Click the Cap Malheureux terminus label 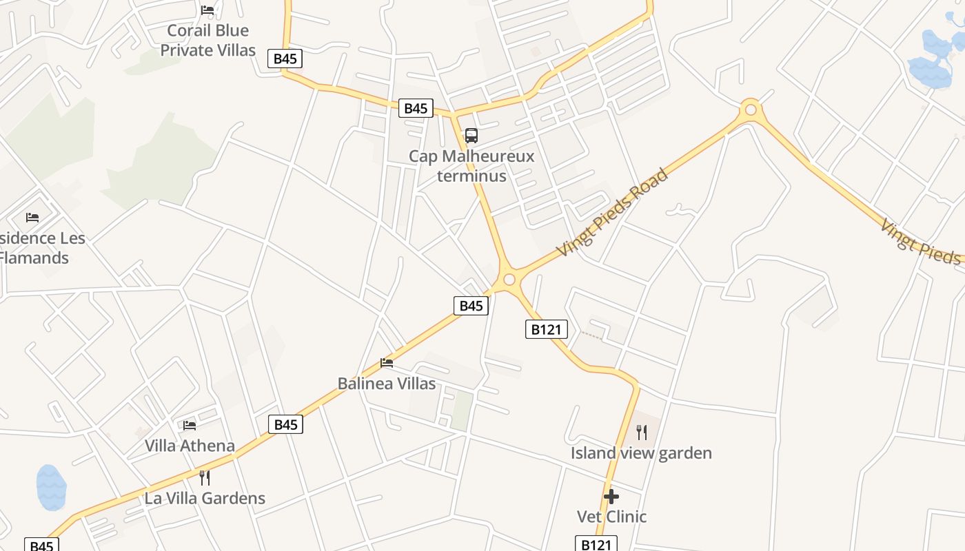pyautogui.click(x=471, y=166)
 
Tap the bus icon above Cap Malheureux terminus pyautogui.click(x=471, y=136)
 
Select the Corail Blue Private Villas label pyautogui.click(x=207, y=41)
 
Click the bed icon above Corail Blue pyautogui.click(x=207, y=10)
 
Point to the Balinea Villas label pyautogui.click(x=387, y=384)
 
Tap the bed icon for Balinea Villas pyautogui.click(x=387, y=363)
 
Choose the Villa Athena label pyautogui.click(x=190, y=446)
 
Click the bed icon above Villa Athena pyautogui.click(x=190, y=426)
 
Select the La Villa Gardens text pyautogui.click(x=205, y=499)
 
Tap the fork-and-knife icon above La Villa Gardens pyautogui.click(x=205, y=477)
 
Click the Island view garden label pyautogui.click(x=641, y=453)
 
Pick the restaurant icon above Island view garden pyautogui.click(x=642, y=433)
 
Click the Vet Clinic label pyautogui.click(x=611, y=517)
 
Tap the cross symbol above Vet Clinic pyautogui.click(x=611, y=497)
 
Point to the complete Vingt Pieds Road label pyautogui.click(x=612, y=213)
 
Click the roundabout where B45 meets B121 pyautogui.click(x=509, y=279)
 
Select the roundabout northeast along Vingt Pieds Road pyautogui.click(x=751, y=110)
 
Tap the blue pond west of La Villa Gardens pyautogui.click(x=51, y=488)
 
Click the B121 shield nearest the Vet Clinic pyautogui.click(x=596, y=544)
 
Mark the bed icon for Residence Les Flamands pyautogui.click(x=32, y=218)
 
